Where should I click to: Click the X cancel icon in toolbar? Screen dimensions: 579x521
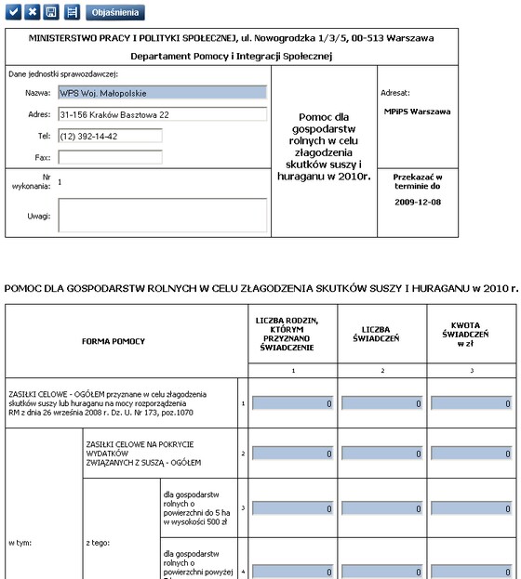tap(32, 13)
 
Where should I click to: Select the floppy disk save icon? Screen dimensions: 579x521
tap(50, 13)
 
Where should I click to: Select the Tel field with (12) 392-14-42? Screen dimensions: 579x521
tap(109, 136)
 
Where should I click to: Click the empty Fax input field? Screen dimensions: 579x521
tap(109, 157)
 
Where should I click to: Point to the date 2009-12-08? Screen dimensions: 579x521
tap(419, 202)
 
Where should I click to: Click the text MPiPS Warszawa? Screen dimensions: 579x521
tap(417, 112)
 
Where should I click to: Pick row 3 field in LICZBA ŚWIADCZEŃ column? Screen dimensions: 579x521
tap(381, 509)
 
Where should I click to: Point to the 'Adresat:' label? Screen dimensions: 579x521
tap(395, 93)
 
